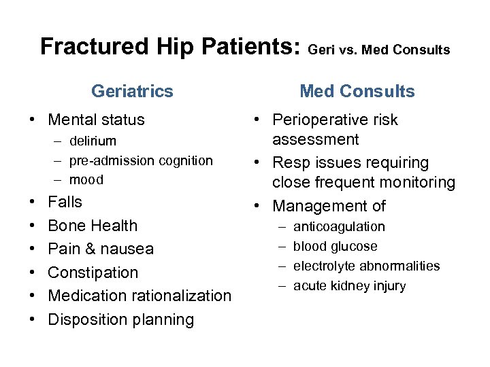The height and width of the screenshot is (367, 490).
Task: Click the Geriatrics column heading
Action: tap(132, 91)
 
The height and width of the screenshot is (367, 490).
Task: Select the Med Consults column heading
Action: tap(357, 91)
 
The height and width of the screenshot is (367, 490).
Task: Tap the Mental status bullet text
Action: tap(96, 120)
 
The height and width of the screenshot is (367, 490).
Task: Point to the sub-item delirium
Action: tap(93, 141)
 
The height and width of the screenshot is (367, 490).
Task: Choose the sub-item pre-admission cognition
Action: tap(141, 161)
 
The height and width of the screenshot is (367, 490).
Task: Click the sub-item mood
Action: tap(86, 180)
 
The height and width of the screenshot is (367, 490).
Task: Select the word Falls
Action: tap(65, 203)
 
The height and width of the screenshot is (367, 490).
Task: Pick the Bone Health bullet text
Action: tap(93, 226)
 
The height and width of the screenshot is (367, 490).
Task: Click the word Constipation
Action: tap(93, 273)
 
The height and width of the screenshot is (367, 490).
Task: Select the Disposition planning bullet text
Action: tap(121, 319)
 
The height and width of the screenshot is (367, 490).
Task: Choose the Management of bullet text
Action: tap(329, 207)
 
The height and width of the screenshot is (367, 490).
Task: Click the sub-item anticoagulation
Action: tap(339, 227)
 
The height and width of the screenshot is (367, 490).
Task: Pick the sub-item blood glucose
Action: tap(335, 247)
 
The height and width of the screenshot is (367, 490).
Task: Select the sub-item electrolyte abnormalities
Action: tap(366, 266)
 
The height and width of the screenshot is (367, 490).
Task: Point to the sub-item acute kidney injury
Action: tap(349, 286)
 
